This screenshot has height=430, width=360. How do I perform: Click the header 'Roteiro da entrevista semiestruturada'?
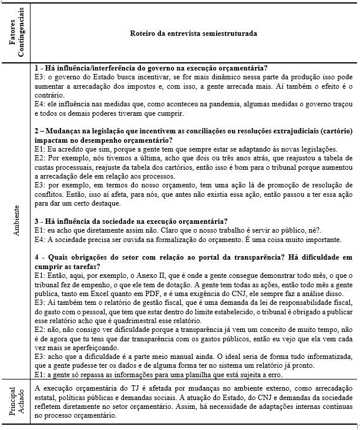coord(193,33)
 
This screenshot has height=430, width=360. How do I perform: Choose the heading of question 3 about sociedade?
coord(131,222)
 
